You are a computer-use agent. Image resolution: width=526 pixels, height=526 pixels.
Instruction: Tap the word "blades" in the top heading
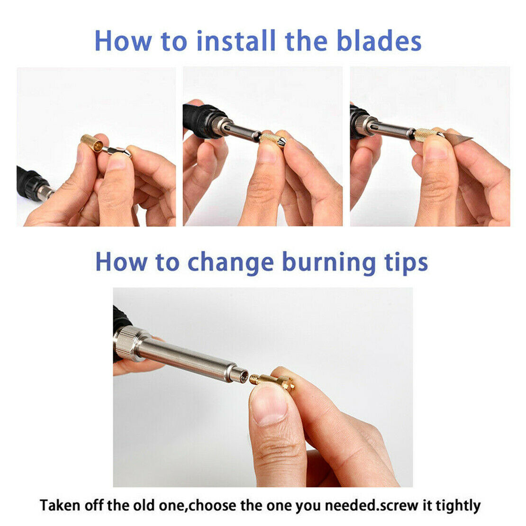click(x=379, y=40)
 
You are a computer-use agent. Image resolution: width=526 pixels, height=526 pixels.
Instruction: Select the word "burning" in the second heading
click(x=329, y=263)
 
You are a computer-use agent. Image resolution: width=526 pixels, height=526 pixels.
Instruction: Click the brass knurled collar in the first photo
click(x=92, y=143)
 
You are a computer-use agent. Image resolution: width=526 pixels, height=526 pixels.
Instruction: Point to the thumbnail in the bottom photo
click(x=268, y=405)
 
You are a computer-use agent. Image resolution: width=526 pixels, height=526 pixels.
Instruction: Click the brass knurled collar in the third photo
click(x=424, y=134)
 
